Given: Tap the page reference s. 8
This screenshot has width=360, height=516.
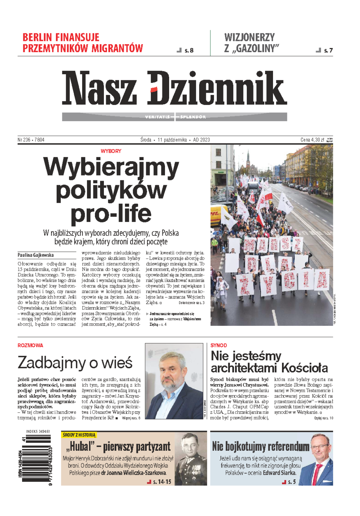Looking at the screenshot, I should click(189, 50).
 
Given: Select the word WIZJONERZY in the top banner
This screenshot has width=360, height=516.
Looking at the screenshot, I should click(249, 37).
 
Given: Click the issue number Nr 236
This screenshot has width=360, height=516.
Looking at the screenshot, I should click(24, 140).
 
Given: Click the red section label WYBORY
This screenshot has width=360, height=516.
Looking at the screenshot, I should click(111, 151).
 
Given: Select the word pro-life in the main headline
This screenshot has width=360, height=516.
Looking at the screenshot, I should click(111, 214).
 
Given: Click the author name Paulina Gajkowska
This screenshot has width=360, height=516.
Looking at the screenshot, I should click(36, 255).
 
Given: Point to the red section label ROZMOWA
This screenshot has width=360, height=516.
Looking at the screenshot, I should click(30, 345).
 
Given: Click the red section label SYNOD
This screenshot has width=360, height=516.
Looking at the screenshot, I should click(219, 345).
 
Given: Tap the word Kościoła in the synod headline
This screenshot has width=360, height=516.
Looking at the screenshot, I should click(304, 368).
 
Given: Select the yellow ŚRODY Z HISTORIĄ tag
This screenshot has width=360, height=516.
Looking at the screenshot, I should click(79, 435).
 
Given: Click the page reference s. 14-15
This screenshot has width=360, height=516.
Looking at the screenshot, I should click(162, 482).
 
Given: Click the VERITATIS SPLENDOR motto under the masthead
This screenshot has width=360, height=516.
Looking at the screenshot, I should click(175, 117).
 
